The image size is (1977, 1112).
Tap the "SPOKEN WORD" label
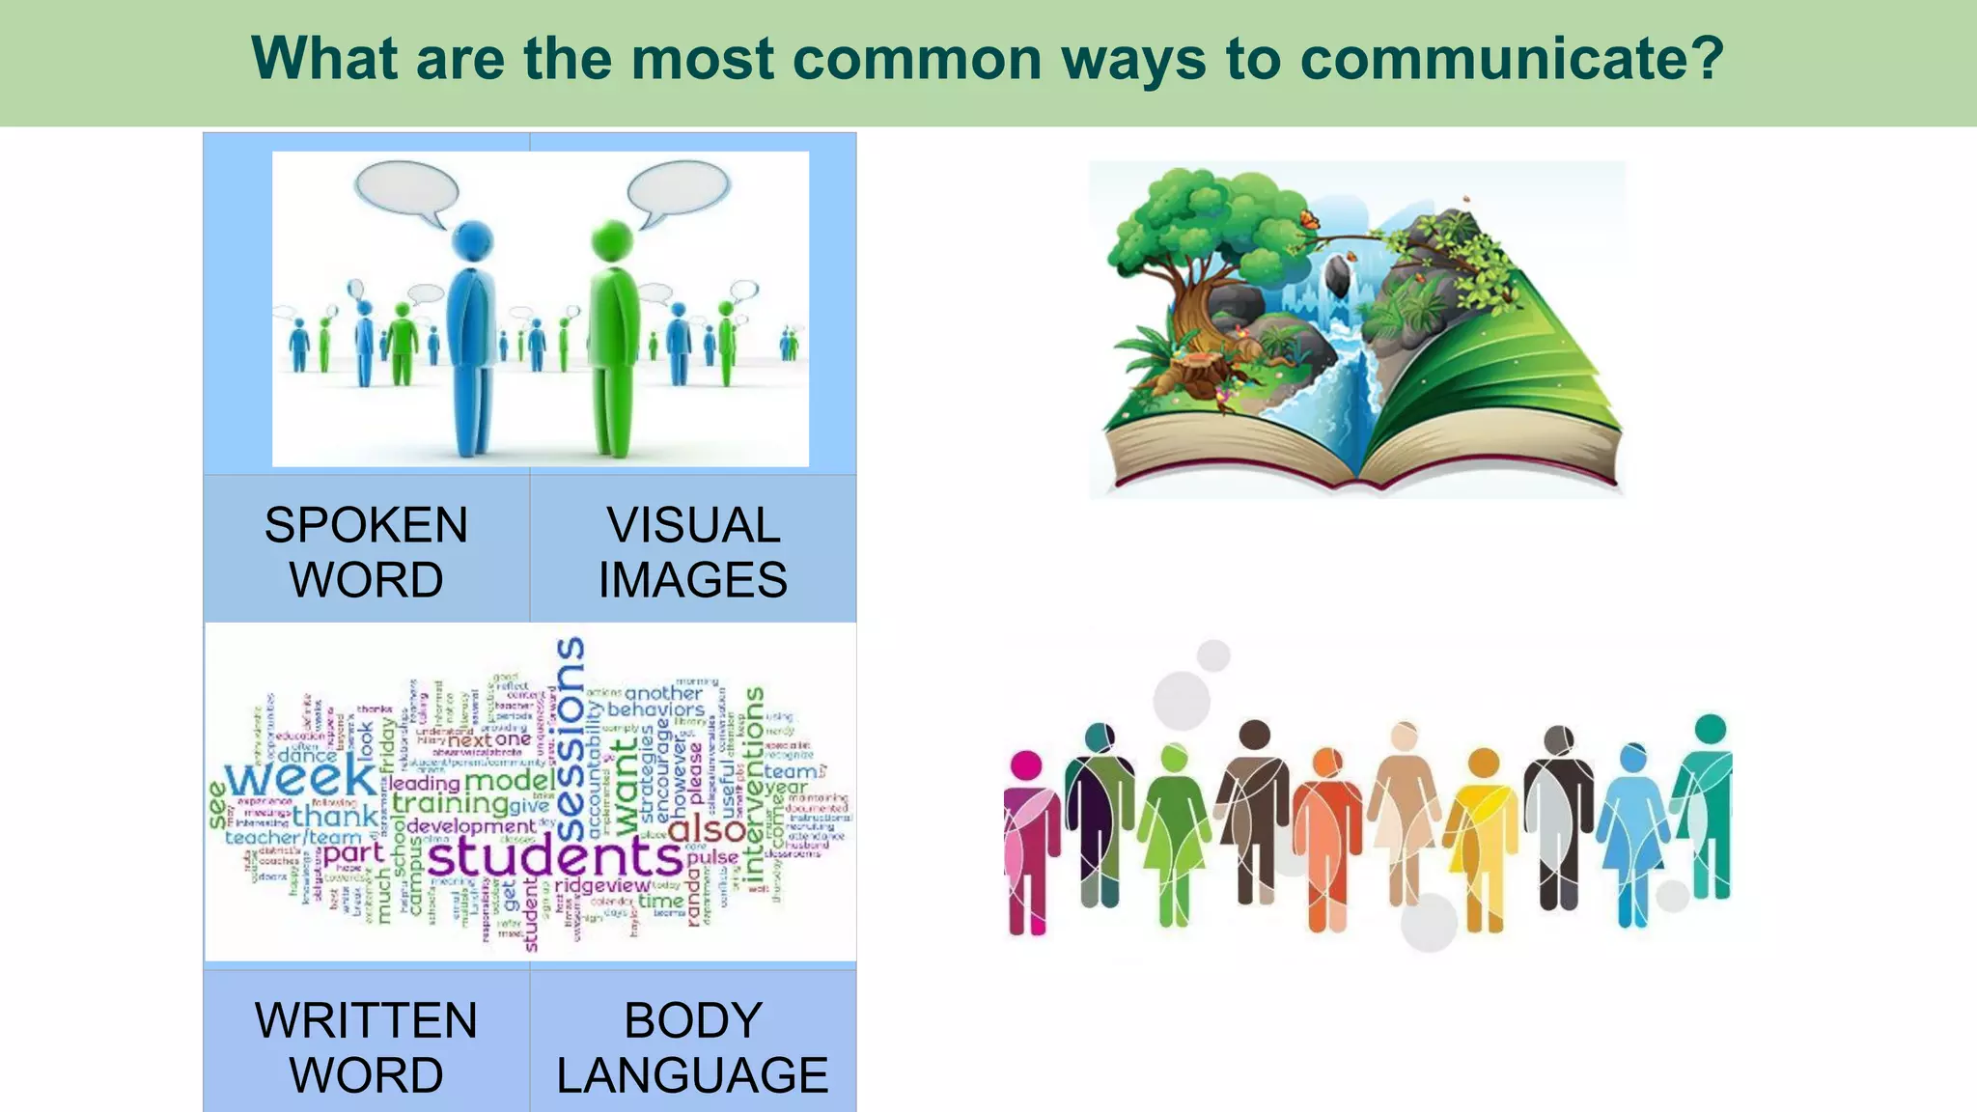366,552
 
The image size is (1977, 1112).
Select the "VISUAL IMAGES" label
693,552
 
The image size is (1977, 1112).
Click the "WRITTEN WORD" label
366,1047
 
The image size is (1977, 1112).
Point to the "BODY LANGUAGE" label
693,1047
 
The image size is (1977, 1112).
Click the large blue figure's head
472,241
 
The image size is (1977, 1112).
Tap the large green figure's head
611,240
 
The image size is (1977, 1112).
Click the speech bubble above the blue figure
405,187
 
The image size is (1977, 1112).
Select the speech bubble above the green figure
678,187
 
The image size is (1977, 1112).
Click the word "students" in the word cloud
555,855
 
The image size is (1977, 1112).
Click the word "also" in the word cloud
706,828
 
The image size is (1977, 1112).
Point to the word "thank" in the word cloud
335,817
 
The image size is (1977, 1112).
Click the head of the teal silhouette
1710,729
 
